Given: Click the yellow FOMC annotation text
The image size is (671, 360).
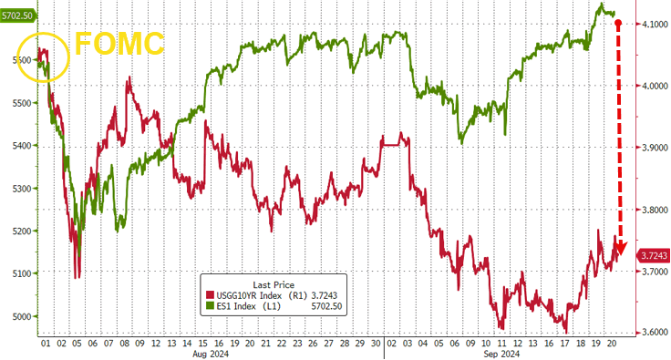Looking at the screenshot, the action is [119, 44].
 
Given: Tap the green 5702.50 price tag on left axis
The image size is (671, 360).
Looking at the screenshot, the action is [18, 15].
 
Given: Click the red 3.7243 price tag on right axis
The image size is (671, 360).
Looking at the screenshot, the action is [653, 256].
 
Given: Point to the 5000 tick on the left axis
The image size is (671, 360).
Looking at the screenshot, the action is [21, 316].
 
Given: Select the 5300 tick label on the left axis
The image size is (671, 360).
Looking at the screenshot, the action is [21, 188].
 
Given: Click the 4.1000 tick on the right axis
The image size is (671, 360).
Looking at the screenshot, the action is [655, 24].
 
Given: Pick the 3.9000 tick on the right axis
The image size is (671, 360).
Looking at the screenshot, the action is [655, 148].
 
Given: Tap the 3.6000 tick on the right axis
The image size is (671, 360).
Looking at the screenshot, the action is [655, 333].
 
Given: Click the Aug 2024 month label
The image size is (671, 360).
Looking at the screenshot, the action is [211, 354].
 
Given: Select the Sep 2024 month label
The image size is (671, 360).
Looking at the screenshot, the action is [501, 354].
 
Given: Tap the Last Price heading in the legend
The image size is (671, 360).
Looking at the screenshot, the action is [274, 284].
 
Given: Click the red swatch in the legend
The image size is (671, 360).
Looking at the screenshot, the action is [210, 295].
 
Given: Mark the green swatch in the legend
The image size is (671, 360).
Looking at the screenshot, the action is [210, 306].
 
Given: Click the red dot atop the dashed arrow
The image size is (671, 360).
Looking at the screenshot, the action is [618, 22].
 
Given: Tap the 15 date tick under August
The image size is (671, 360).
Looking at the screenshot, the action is [202, 344].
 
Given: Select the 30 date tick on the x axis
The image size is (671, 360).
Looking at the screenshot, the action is [376, 344].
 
